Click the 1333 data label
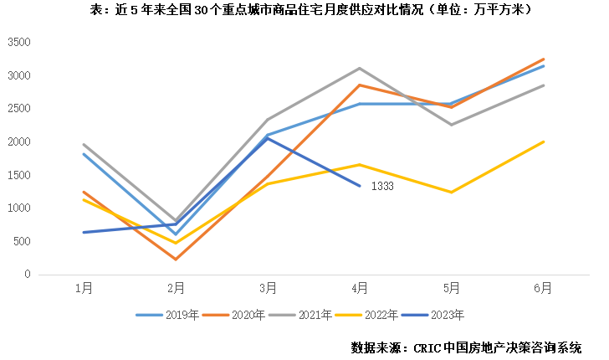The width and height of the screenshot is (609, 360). (x=382, y=186)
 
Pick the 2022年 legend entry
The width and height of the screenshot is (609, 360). (x=379, y=315)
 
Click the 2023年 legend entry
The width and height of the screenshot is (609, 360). (x=447, y=315)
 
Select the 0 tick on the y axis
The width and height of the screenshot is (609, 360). (x=28, y=275)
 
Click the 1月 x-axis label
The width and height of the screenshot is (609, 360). (x=84, y=287)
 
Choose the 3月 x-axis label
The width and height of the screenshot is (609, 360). (x=268, y=287)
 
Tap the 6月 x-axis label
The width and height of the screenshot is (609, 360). (x=543, y=287)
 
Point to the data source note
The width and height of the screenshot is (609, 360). (x=466, y=347)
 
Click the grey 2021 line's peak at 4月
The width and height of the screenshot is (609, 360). (x=360, y=68)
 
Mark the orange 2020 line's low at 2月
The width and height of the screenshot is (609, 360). (x=176, y=259)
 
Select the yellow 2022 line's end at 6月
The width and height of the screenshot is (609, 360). (x=544, y=141)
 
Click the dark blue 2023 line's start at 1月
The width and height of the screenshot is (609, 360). (x=84, y=232)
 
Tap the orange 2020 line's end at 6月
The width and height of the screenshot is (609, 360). (x=544, y=59)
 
